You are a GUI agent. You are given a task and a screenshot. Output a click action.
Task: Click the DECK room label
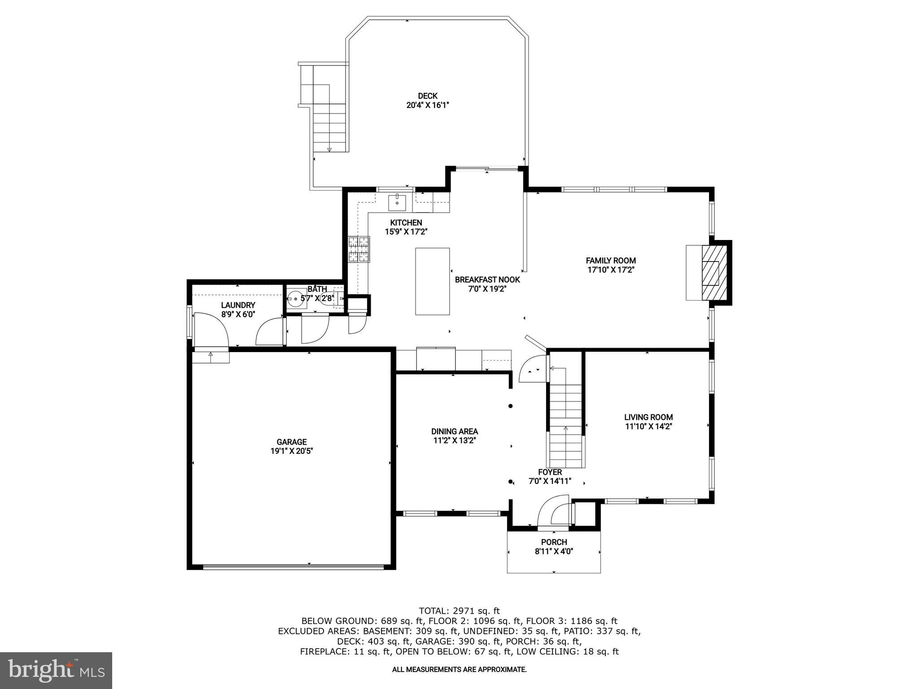pos(427,96)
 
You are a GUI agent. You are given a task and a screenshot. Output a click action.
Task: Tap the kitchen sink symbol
pos(397,203)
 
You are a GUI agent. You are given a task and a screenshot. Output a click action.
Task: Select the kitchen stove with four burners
pos(359,249)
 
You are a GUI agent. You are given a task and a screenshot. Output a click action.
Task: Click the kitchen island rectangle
pos(432,281)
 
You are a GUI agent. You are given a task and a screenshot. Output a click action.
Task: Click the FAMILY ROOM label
pos(611,261)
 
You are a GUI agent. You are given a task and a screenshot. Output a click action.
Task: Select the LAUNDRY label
pos(238,305)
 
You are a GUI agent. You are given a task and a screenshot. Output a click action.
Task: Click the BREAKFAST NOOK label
pos(487,280)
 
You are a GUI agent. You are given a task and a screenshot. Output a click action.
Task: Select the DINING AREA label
pos(455,432)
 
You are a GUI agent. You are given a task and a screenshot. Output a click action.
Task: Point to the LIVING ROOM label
pos(648,417)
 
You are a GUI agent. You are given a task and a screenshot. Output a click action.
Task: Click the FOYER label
pos(550,472)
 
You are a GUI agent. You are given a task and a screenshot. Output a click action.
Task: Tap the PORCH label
pos(554,542)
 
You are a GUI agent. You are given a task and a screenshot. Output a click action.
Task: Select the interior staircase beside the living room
pos(565,417)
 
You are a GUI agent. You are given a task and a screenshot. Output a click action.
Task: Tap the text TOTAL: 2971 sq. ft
pos(459,611)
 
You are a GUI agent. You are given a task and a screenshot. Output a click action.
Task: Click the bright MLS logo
pos(56,670)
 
